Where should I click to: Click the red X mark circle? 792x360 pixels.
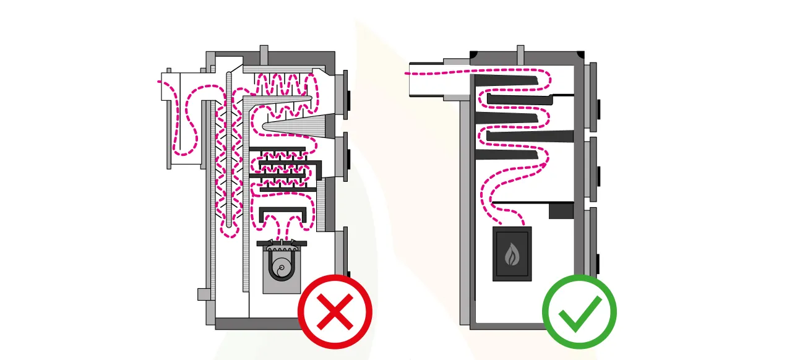tap(335, 312)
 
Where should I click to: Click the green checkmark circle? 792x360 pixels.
tap(579, 312)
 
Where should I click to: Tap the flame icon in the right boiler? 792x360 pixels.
tap(512, 254)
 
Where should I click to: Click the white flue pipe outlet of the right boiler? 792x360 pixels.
tap(426, 79)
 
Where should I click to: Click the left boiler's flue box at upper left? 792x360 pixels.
tap(183, 87)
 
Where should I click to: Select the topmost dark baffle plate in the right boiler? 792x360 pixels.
tap(506, 81)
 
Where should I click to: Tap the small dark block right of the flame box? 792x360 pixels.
tap(561, 211)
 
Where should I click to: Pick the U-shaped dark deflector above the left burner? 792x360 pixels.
tap(283, 214)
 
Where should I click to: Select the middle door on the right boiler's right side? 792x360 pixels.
tap(593, 168)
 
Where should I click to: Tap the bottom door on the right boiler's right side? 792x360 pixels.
tap(593, 241)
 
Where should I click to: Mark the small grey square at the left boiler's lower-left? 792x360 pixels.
tap(204, 294)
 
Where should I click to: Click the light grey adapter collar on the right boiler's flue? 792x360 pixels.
tap(457, 79)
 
